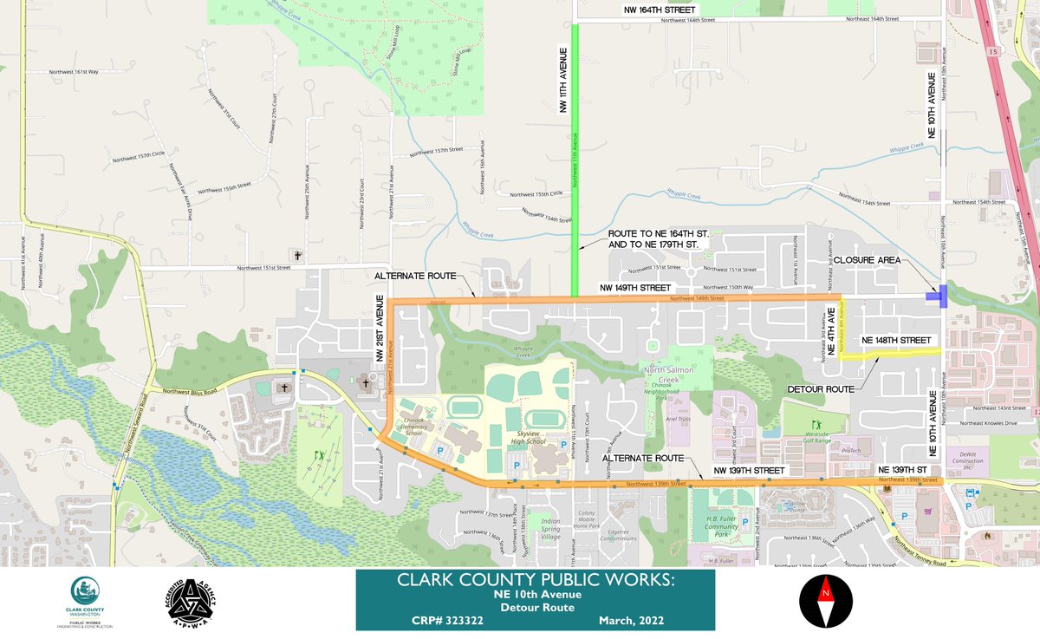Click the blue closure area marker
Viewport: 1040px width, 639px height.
click(937, 297)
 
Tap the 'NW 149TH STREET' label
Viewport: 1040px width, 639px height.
click(634, 287)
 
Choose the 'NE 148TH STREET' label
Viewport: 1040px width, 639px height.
click(896, 341)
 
